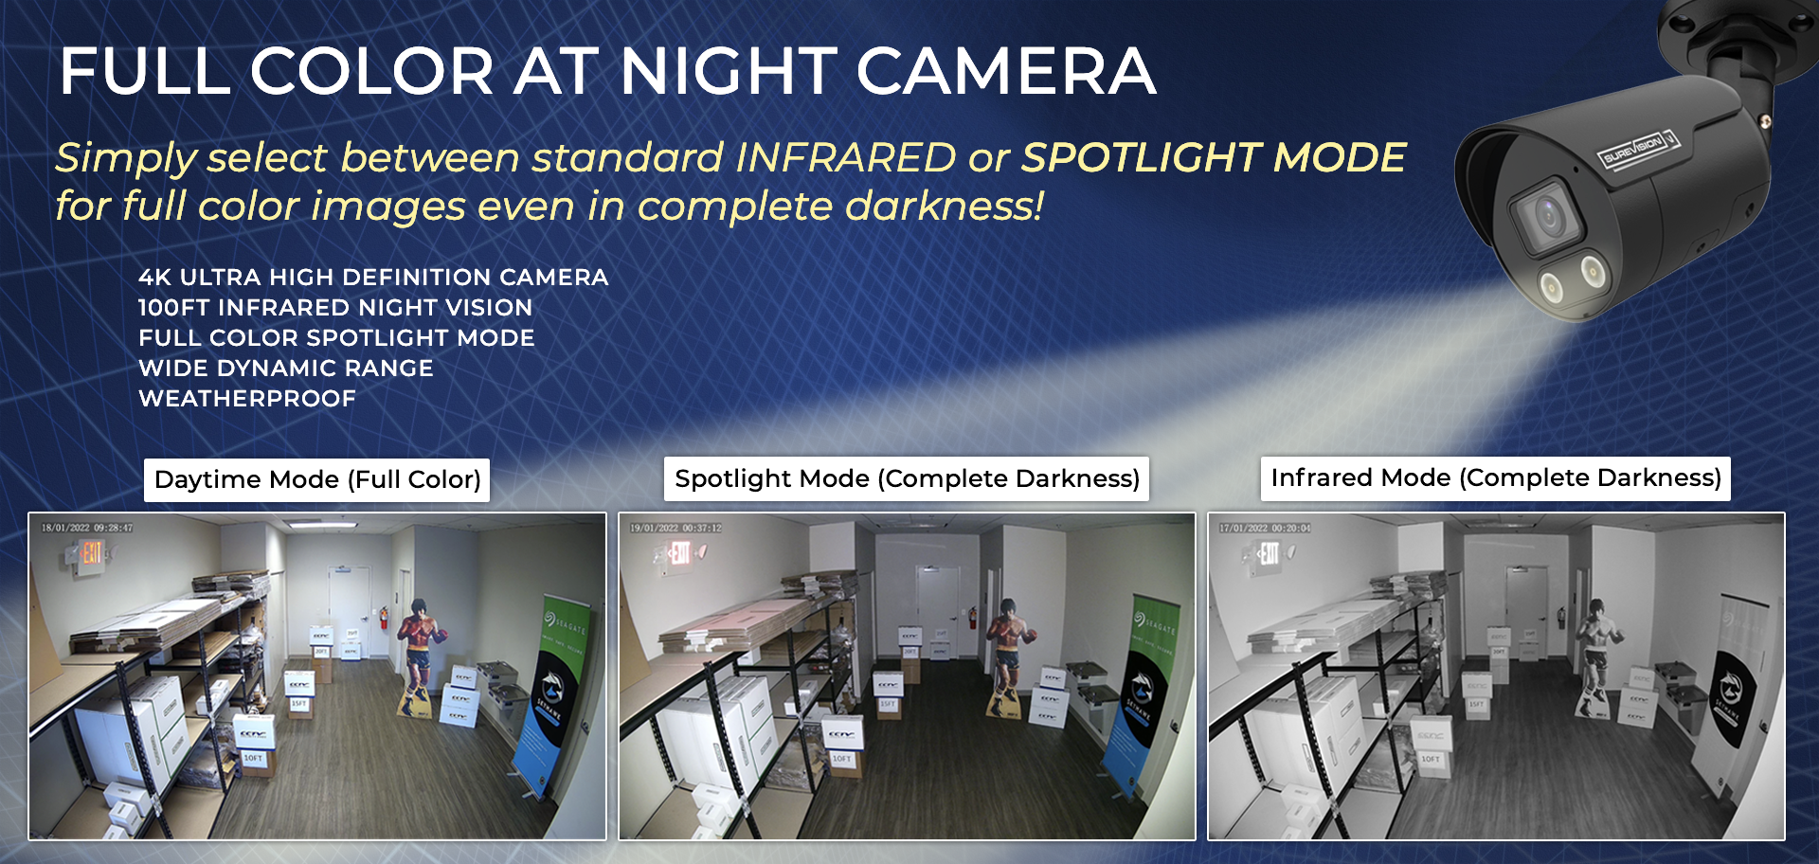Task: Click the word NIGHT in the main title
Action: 728,72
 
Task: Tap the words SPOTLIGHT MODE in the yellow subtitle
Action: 1213,157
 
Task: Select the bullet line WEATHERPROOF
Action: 247,399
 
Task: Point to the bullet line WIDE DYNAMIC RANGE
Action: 285,369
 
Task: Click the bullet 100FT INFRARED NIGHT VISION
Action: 334,308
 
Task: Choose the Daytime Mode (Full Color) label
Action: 317,479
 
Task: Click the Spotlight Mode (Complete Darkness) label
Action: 907,478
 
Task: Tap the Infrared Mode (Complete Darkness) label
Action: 1495,477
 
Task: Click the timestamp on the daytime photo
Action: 87,528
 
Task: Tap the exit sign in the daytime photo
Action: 91,552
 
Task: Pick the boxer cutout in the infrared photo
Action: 1597,654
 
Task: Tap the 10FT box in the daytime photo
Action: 254,758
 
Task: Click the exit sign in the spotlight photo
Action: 679,551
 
